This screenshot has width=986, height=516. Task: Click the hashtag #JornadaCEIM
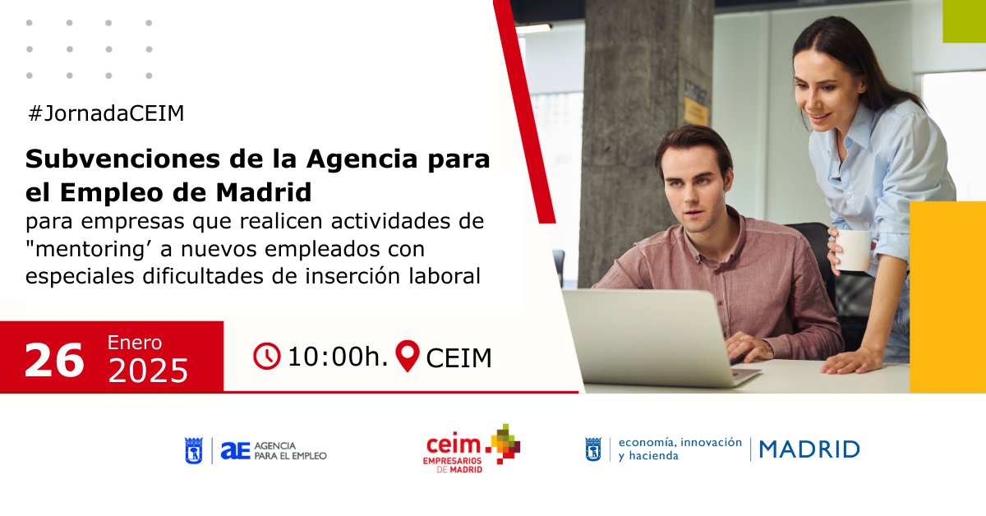(105, 114)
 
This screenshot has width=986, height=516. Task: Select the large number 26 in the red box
(54, 360)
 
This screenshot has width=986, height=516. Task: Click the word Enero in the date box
(135, 343)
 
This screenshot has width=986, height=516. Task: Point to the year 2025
(148, 371)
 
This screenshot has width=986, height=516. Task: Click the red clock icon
(267, 357)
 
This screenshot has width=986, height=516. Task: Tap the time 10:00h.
(337, 357)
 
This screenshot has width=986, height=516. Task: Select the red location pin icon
(408, 356)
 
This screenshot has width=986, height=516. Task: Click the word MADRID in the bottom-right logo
(809, 449)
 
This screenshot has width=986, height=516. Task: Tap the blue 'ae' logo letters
(234, 449)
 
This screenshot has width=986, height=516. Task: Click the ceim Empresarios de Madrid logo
(472, 449)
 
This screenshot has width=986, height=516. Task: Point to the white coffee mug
(854, 249)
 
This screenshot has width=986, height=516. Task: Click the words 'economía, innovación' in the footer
(680, 442)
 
